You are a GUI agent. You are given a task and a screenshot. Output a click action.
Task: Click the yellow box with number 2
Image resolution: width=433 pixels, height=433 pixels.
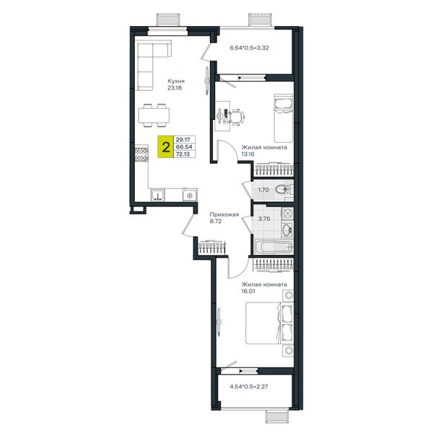pos(165,146)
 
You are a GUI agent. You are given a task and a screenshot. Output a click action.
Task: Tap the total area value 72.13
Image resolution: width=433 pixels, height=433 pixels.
pos(183,154)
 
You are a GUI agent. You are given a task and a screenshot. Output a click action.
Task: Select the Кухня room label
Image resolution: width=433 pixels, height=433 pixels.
pos(176,81)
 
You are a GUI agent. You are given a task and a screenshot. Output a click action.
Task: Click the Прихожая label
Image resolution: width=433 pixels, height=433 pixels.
pos(224,214)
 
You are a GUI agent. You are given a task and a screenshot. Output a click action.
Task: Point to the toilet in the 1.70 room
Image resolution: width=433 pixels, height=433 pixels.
pos(282,190)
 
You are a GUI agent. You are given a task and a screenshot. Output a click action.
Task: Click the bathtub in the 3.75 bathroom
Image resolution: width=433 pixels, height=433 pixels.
pos(274,247)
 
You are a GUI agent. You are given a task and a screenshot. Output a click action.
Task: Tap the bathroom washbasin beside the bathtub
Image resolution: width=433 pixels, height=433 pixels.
pos(287,229)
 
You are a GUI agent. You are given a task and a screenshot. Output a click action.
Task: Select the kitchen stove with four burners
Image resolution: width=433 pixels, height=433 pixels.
pos(141,154)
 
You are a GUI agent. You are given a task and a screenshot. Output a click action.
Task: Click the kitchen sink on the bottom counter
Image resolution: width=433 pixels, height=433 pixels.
pos(157,195)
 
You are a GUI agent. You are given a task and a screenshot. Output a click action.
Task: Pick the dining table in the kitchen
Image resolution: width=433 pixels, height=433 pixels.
pos(154,115)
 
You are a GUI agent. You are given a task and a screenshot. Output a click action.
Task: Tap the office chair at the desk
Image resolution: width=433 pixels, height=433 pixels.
pos(237,117)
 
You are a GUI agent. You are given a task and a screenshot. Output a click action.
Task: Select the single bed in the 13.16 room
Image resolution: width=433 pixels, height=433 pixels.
pos(283,118)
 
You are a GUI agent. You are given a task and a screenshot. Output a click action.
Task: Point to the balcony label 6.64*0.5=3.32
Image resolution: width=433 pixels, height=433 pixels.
pos(249,48)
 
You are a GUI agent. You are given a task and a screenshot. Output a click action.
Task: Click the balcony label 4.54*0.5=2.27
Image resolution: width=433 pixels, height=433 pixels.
pos(249,387)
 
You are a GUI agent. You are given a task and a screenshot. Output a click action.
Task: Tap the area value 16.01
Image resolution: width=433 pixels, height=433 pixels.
pos(248,291)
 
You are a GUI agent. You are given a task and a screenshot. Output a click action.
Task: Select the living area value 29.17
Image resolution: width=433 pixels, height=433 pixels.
pos(183,140)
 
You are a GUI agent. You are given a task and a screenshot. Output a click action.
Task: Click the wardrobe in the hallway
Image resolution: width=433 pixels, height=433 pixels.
pos(212,247)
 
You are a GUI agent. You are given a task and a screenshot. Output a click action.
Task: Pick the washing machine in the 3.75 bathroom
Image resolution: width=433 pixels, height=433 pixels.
pos(287,213)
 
